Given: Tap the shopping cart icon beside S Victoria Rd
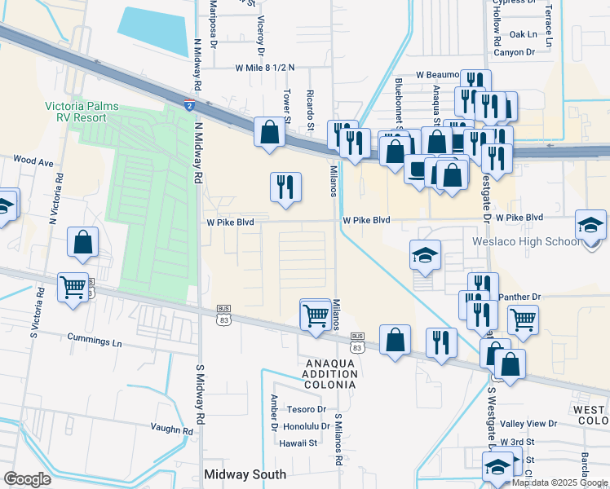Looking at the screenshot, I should [x=73, y=287].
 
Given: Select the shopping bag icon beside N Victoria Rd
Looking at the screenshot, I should [x=83, y=242].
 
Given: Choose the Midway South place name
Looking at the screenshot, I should [x=245, y=474].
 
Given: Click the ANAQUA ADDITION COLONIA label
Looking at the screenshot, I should [x=320, y=373].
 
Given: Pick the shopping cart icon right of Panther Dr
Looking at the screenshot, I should [x=523, y=319].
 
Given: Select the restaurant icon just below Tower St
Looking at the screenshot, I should [x=285, y=187].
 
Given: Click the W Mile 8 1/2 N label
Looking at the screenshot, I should [x=265, y=68].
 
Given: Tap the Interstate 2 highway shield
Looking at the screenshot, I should [x=189, y=104].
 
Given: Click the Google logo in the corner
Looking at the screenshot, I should [x=27, y=479].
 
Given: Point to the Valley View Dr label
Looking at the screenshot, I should [x=528, y=424].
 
